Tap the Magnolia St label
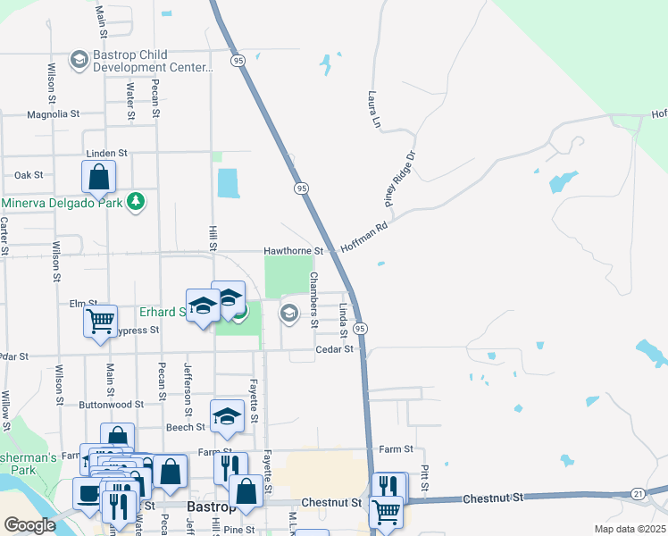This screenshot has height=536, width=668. [54, 114]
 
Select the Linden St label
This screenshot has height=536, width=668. [106, 154]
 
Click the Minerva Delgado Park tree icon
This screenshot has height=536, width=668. [136, 202]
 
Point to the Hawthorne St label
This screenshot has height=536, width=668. [293, 252]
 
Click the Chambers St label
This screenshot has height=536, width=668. [313, 297]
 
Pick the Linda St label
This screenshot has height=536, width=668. [343, 321]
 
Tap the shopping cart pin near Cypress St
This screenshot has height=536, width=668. [100, 321]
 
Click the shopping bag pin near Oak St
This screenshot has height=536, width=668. [98, 177]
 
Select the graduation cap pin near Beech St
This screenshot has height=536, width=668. [227, 416]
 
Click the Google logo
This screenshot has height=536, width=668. [29, 525]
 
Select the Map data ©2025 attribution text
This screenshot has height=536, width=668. [630, 529]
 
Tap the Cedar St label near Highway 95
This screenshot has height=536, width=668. [335, 349]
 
